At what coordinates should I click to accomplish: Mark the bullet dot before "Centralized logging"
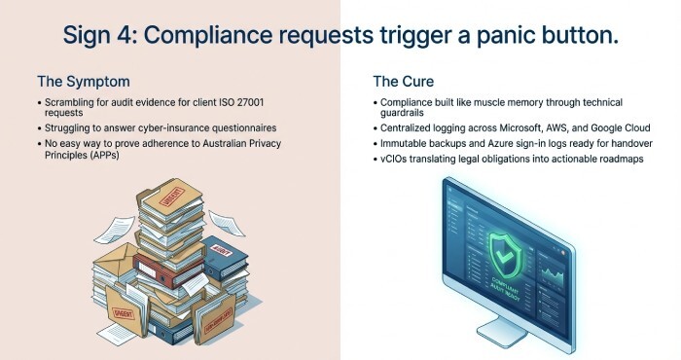click(x=376, y=127)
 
